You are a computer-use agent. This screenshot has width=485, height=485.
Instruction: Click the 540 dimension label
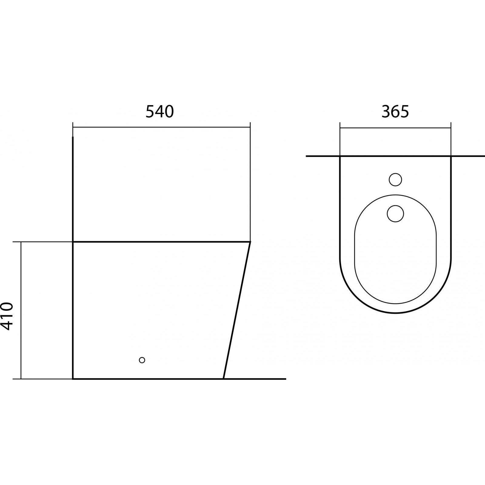click(160, 111)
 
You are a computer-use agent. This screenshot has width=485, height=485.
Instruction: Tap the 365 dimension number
click(395, 111)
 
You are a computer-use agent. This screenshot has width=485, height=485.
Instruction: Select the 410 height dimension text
click(7, 316)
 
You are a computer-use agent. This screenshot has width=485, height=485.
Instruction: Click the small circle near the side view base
click(142, 360)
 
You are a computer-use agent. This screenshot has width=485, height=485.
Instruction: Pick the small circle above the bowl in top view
click(395, 179)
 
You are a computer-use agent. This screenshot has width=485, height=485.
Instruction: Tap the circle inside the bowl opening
click(395, 213)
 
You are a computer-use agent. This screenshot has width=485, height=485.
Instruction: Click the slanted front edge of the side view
click(237, 310)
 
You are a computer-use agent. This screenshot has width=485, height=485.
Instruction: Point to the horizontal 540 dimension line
click(162, 127)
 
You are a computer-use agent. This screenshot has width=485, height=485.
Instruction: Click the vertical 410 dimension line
click(21, 310)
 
